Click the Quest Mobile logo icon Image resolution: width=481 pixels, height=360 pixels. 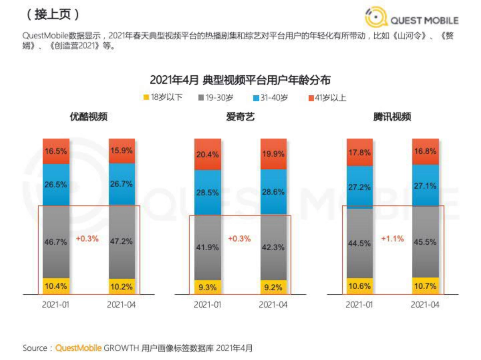376,19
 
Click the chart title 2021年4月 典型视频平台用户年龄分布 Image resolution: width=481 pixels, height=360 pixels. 240,80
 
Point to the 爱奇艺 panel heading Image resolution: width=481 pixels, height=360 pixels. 240,117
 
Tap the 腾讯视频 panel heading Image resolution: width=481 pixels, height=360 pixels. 392,117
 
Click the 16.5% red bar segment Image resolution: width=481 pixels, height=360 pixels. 56,151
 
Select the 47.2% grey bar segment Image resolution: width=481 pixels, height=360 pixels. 122,241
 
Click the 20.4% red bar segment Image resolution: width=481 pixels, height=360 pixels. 208,154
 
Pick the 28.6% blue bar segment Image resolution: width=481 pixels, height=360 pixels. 273,192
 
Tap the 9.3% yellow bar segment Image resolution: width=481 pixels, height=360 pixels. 208,287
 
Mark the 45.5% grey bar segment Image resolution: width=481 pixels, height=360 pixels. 425,241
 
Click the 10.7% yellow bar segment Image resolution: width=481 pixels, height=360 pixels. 425,286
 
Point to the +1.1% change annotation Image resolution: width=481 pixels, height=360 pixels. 392,239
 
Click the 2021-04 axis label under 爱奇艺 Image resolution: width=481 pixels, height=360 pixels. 273,305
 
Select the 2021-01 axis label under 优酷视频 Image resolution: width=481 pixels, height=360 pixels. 56,305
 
